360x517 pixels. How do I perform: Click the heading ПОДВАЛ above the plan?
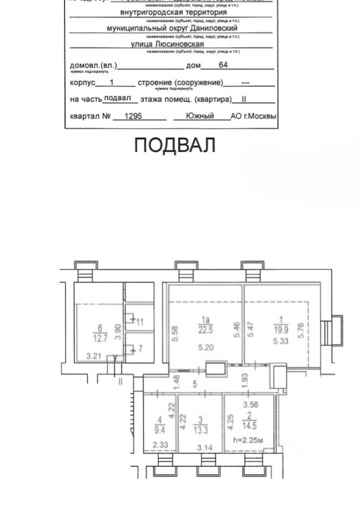point(174,145)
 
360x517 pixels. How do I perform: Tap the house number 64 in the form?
point(223,66)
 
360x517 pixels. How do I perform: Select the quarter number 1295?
point(133,116)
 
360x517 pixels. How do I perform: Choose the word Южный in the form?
point(200,116)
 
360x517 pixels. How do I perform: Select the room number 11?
point(140,323)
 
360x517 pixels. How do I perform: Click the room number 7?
point(140,349)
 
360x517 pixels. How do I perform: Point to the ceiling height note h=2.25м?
point(248,441)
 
